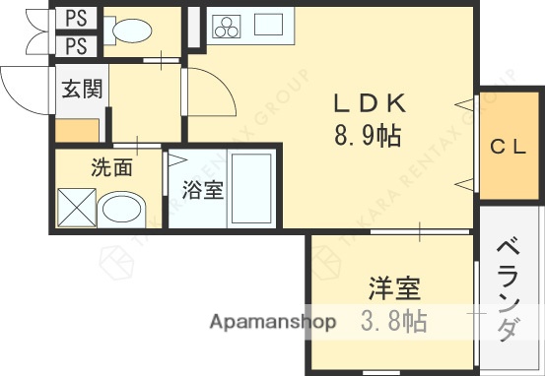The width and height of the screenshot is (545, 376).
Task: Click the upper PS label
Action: [x=76, y=19]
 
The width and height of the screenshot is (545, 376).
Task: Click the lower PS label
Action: [x=76, y=45]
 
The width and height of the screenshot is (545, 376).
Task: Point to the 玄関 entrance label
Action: [x=82, y=90]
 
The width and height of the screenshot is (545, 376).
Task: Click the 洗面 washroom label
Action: [x=110, y=167]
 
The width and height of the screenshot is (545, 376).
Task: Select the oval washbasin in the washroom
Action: [x=123, y=209]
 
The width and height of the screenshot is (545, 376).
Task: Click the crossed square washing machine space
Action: [x=77, y=208]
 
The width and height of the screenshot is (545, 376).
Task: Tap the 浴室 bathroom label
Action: [x=203, y=190]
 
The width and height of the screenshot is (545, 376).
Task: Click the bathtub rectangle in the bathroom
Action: [x=250, y=189]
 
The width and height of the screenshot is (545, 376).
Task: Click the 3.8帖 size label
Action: [x=394, y=321]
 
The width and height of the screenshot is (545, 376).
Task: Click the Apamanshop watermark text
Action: [x=272, y=322]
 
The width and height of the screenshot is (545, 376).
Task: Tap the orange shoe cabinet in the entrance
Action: [x=77, y=130]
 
